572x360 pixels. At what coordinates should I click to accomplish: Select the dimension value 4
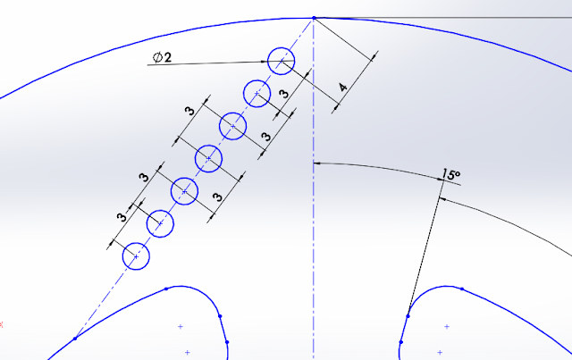(342, 88)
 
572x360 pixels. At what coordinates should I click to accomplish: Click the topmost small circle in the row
(281, 61)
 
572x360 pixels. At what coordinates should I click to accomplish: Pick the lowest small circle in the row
(136, 255)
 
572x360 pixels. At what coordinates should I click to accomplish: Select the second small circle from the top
(257, 92)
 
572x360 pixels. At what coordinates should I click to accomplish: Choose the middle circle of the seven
(208, 158)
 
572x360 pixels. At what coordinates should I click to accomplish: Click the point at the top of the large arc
(314, 17)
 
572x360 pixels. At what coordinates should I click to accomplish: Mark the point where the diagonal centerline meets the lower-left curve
(75, 338)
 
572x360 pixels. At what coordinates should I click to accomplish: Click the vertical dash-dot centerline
(313, 250)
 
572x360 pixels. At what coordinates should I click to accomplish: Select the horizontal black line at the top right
(447, 17)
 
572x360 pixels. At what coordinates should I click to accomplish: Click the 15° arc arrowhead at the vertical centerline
(318, 163)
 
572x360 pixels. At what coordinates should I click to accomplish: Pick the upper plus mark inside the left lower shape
(181, 327)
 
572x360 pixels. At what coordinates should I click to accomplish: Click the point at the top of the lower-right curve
(463, 287)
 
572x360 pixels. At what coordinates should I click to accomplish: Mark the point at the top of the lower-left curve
(167, 288)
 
